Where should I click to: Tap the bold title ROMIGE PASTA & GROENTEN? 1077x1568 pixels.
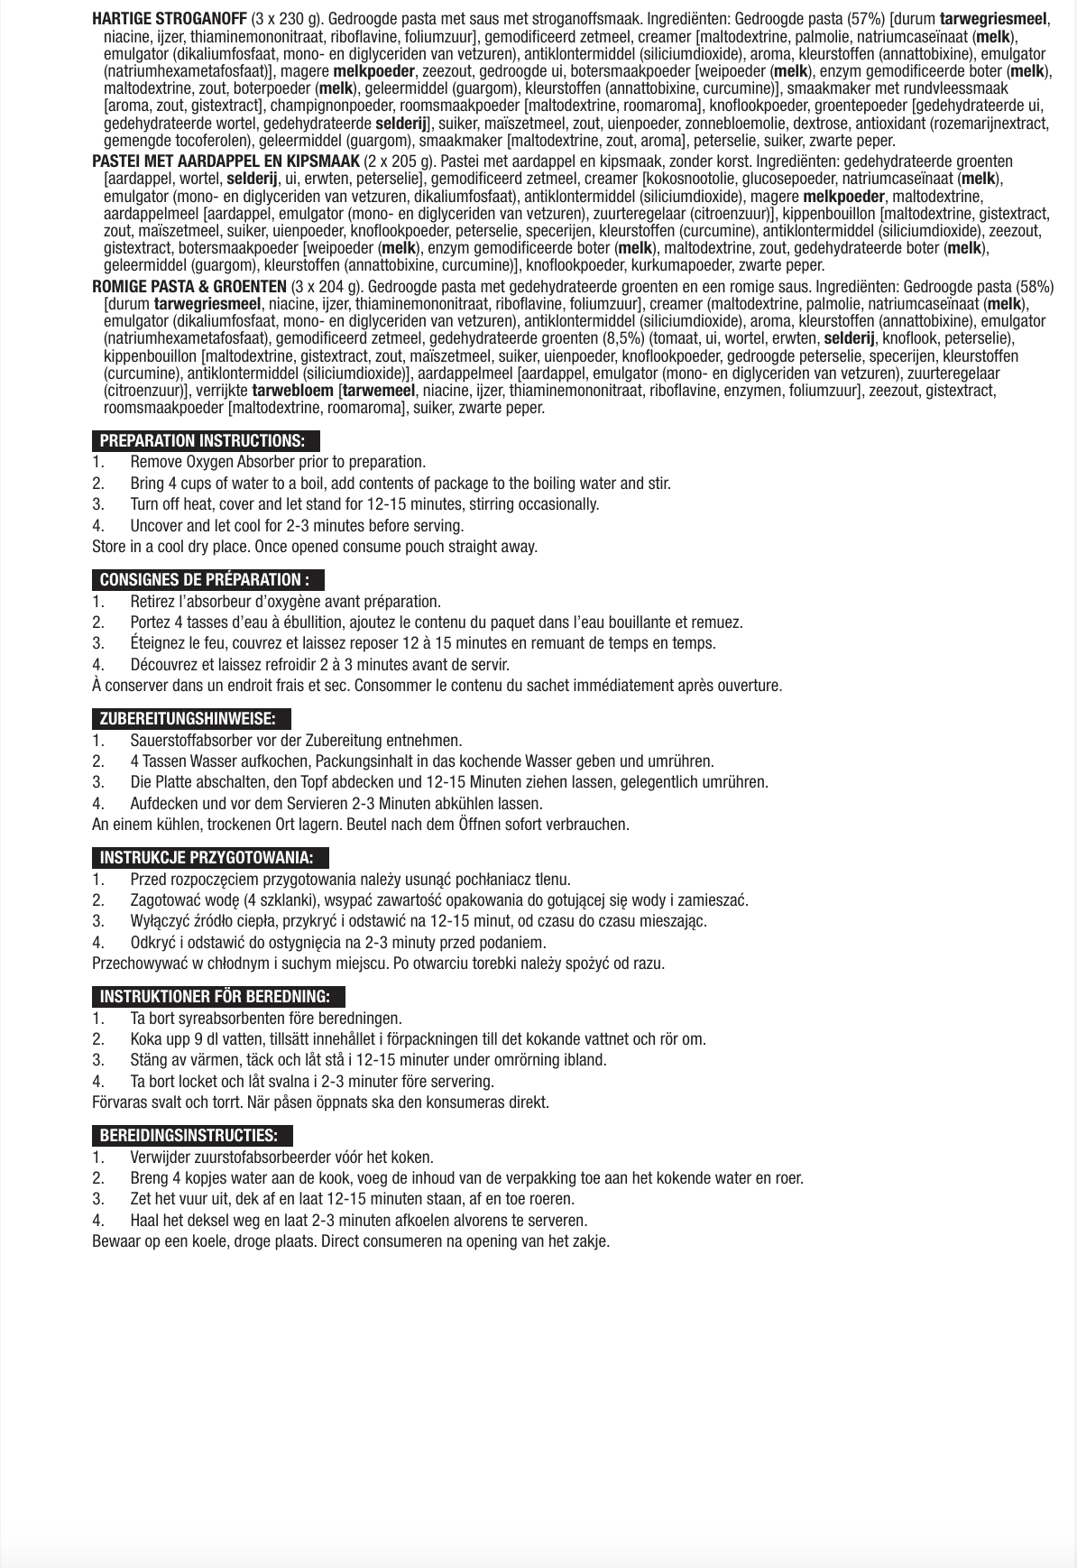(189, 287)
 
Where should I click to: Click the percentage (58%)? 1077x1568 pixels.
(1031, 287)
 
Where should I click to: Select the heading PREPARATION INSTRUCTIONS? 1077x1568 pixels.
(203, 441)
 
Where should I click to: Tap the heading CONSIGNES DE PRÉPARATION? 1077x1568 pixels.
(205, 580)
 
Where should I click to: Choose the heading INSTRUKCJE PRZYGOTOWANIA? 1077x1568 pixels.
(207, 858)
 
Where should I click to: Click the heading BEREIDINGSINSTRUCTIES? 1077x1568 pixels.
(189, 1136)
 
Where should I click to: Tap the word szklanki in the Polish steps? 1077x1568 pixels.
(290, 900)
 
